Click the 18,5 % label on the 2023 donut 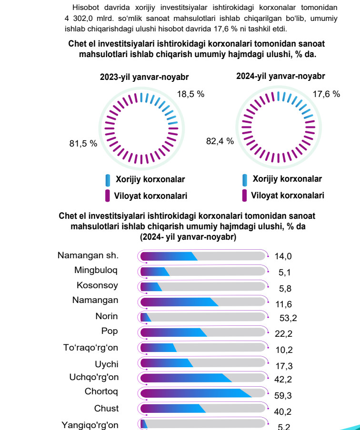click(190, 94)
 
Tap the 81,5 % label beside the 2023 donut click(83, 144)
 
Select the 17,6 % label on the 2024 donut click(326, 94)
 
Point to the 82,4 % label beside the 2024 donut click(220, 141)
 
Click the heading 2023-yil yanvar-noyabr click(144, 77)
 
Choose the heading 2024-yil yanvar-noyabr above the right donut click(281, 76)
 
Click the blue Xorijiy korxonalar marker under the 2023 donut click(108, 180)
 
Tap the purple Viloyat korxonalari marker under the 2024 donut click(245, 195)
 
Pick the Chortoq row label click(101, 392)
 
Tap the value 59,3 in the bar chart click(283, 395)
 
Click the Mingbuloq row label click(96, 270)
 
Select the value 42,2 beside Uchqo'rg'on click(283, 379)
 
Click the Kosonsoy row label click(98, 285)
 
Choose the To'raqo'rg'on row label click(91, 348)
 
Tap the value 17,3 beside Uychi click(283, 365)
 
